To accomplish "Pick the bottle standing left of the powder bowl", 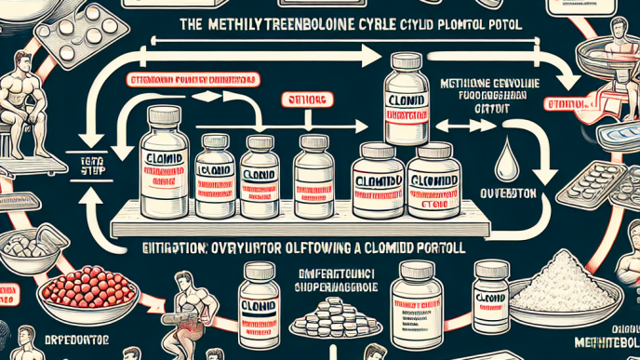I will pyautogui.click(x=489, y=293).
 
